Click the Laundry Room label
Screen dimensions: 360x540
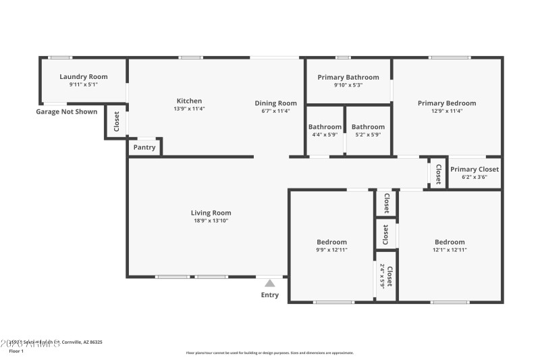83,77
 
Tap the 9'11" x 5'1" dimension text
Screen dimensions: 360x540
83,85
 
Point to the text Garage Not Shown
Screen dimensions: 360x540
66,111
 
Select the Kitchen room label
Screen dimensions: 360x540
189,101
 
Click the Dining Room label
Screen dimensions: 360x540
275,103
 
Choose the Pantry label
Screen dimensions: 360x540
144,147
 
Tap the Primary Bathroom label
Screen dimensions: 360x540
348,77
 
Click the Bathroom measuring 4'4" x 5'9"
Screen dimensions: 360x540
325,127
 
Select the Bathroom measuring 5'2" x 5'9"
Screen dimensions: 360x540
368,127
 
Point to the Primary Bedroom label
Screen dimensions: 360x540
446,103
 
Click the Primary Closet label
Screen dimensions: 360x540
475,170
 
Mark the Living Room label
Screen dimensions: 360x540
211,213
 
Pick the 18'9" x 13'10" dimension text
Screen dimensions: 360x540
211,221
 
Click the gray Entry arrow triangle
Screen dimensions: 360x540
270,283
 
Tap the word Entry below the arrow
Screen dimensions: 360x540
270,295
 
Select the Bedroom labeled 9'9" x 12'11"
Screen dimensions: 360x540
331,242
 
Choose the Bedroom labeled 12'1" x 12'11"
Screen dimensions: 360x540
450,242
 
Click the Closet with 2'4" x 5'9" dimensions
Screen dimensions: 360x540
385,276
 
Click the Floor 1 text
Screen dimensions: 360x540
16,351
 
